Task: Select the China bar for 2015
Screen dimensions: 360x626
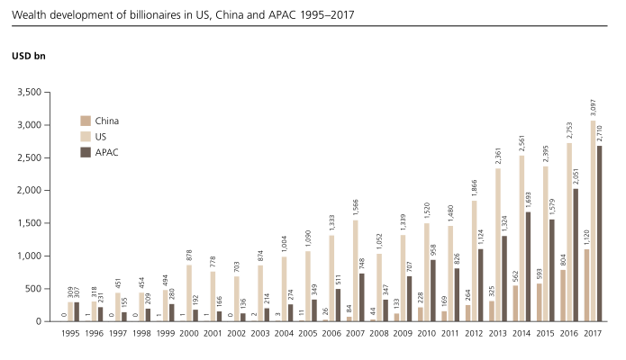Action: [539, 302]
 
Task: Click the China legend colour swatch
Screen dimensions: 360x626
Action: [86, 121]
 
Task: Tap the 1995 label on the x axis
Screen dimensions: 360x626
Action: [71, 333]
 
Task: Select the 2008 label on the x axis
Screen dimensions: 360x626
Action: [379, 333]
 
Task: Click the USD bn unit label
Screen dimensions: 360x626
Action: [29, 56]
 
